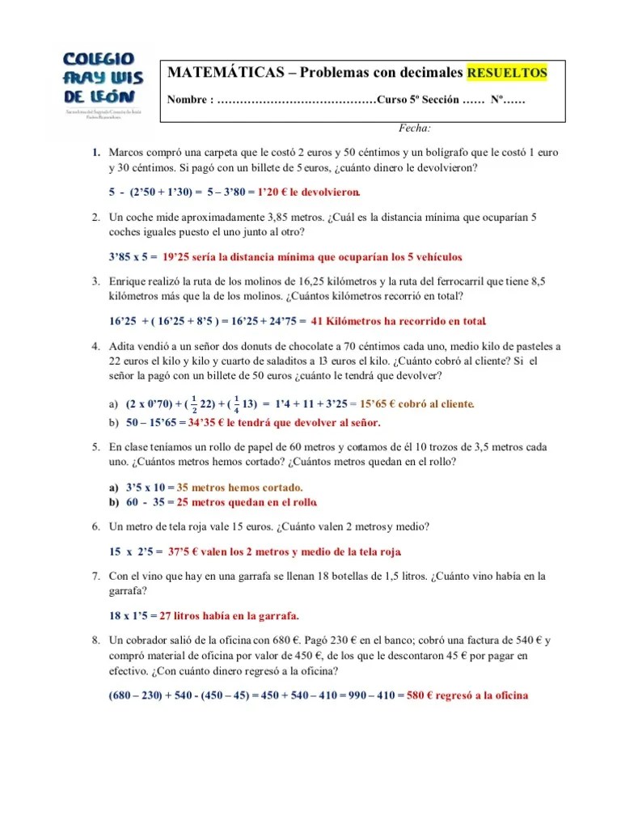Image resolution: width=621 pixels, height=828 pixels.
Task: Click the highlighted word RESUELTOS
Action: pos(507,73)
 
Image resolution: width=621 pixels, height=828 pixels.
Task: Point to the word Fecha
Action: pos(415,128)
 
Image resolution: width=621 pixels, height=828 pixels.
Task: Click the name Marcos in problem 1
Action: pos(127,152)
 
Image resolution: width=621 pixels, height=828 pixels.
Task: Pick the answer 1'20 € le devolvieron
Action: pos(309,192)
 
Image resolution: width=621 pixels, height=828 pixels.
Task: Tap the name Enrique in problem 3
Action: pos(129,281)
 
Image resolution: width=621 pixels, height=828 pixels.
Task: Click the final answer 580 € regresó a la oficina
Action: pos(467,695)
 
